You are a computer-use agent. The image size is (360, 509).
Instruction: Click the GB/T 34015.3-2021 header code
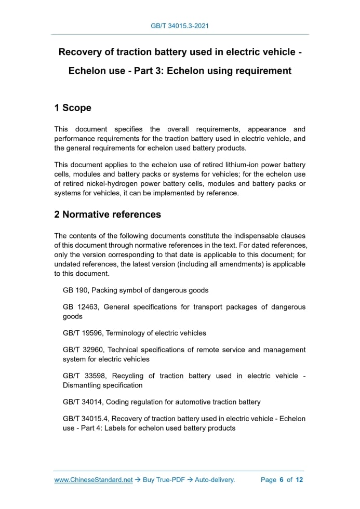pos(180,25)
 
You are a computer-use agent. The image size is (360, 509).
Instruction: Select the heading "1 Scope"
pos(73,108)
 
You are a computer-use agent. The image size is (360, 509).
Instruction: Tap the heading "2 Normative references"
pos(108,215)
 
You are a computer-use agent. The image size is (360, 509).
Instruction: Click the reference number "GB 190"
pos(75,290)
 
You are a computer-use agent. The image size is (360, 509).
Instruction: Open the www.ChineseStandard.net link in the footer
pos(94,480)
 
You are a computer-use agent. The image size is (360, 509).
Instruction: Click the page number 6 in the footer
pos(281,480)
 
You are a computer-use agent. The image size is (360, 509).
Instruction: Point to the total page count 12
pos(299,480)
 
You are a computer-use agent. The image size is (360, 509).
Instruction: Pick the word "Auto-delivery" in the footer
pos(215,480)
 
